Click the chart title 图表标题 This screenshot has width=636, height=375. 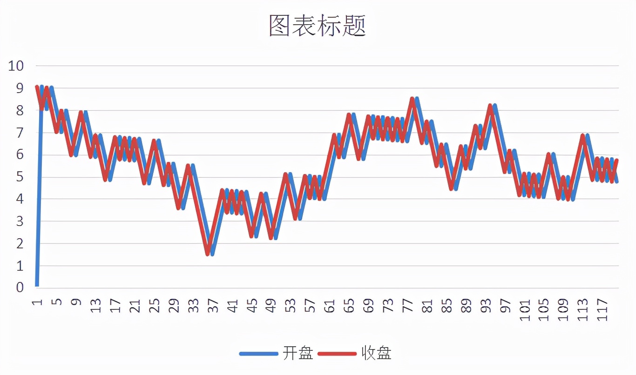click(x=318, y=26)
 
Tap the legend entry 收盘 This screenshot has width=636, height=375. click(x=376, y=353)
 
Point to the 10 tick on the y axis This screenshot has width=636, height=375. click(x=15, y=66)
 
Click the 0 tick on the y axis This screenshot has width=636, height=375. click(x=20, y=288)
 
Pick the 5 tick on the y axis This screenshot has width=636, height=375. click(x=20, y=177)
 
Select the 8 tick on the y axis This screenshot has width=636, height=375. click(x=20, y=110)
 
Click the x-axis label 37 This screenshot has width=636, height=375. click(x=213, y=307)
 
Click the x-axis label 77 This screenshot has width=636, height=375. click(x=408, y=307)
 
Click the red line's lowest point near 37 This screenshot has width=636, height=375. click(x=208, y=254)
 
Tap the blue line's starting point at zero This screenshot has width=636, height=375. click(x=37, y=285)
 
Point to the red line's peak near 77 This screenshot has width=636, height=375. click(x=412, y=98)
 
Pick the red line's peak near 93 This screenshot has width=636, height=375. click(x=490, y=105)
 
